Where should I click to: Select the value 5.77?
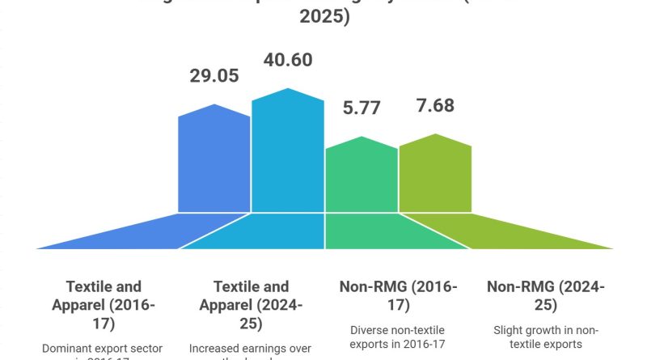coord(362,108)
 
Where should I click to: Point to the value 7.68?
coord(435,106)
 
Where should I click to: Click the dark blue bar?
coord(214,162)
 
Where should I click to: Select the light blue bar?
coord(287,154)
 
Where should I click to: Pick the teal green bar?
coord(362,178)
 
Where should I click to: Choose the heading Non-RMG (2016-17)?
coord(399,295)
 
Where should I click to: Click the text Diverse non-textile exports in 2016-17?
coord(399,337)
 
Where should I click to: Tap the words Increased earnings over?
coord(251,349)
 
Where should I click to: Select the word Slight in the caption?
coord(509,330)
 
